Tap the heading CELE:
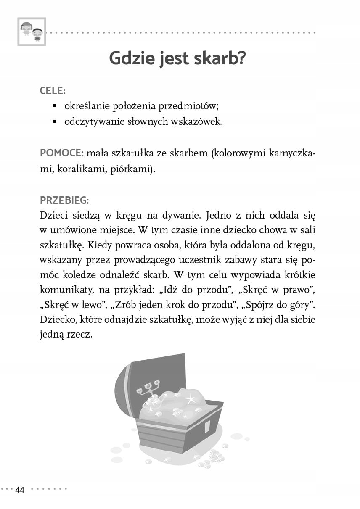[53, 91]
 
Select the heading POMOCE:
[60, 153]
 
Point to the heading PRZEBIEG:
[64, 200]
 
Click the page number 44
[20, 490]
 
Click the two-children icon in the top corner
[32, 32]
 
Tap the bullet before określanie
[55, 107]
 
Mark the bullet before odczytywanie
[55, 122]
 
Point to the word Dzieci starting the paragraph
[55, 215]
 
